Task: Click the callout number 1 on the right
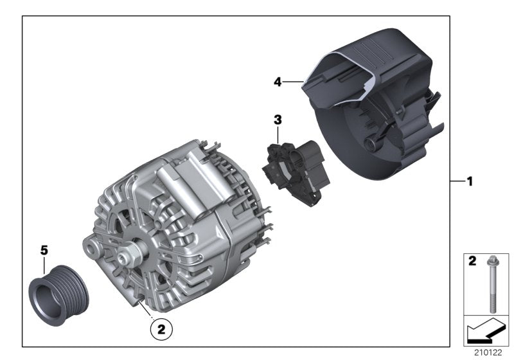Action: pyautogui.click(x=470, y=182)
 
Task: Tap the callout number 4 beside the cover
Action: pyautogui.click(x=278, y=82)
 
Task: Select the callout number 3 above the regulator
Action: pyautogui.click(x=278, y=120)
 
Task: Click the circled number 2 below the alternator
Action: pyautogui.click(x=161, y=330)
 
